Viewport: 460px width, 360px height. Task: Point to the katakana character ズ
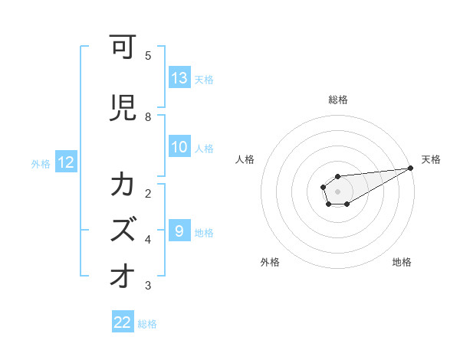[x=123, y=230]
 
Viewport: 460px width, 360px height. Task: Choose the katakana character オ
[x=123, y=277]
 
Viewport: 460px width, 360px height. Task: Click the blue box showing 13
[x=179, y=78]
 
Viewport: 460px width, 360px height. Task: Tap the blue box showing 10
[x=179, y=147]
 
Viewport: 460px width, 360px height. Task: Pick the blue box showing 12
[x=66, y=162]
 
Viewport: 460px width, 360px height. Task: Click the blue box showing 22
[x=123, y=322]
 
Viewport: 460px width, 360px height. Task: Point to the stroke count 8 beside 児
[x=148, y=116]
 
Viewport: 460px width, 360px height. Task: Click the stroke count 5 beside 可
[x=148, y=55]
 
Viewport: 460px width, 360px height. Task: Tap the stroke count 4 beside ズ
[x=148, y=239]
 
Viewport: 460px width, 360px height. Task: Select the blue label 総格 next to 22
[x=147, y=324]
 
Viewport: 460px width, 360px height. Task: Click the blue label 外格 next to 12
[x=41, y=163]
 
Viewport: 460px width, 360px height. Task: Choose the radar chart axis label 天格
[x=431, y=159]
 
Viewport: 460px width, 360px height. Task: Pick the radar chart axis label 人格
[x=245, y=159]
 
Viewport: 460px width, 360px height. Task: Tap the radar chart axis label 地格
[x=402, y=262]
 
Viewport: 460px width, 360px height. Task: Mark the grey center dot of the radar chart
[x=337, y=191]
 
